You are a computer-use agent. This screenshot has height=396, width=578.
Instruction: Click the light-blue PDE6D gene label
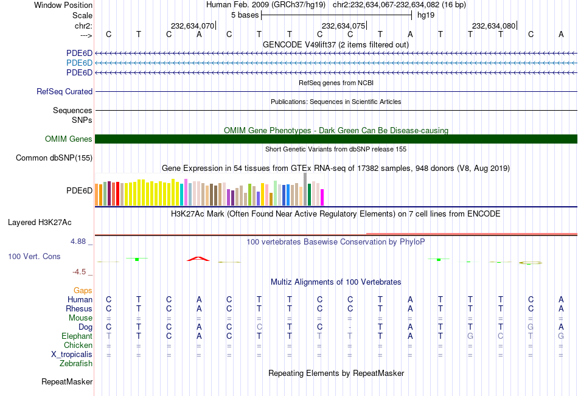pos(80,63)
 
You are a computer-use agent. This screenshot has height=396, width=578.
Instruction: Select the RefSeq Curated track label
pos(64,92)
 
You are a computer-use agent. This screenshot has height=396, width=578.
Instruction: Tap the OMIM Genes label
pos(69,139)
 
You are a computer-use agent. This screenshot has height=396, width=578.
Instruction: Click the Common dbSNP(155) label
pos(54,158)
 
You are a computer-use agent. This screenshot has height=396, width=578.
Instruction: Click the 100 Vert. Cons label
pos(34,257)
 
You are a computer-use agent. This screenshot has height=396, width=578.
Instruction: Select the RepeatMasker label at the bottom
pos(67,382)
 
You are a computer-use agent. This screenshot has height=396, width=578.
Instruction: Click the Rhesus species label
pos(79,309)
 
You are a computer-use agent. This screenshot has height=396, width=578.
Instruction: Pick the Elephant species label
pos(77,336)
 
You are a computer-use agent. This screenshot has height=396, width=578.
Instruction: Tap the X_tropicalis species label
pos(72,355)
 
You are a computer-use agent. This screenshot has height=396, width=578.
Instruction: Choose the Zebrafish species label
pos(76,364)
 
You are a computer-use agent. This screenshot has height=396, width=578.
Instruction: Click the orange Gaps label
pos(83,291)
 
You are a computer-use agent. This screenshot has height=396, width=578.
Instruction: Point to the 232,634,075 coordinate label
pos(343,26)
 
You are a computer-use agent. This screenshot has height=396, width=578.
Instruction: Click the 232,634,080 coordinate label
pos(493,26)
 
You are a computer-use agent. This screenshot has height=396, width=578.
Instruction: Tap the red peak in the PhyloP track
pos(198,259)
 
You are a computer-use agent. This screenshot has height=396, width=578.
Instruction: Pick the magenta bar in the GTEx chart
pos(322,197)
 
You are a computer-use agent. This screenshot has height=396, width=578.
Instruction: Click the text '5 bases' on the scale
pos(245,14)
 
